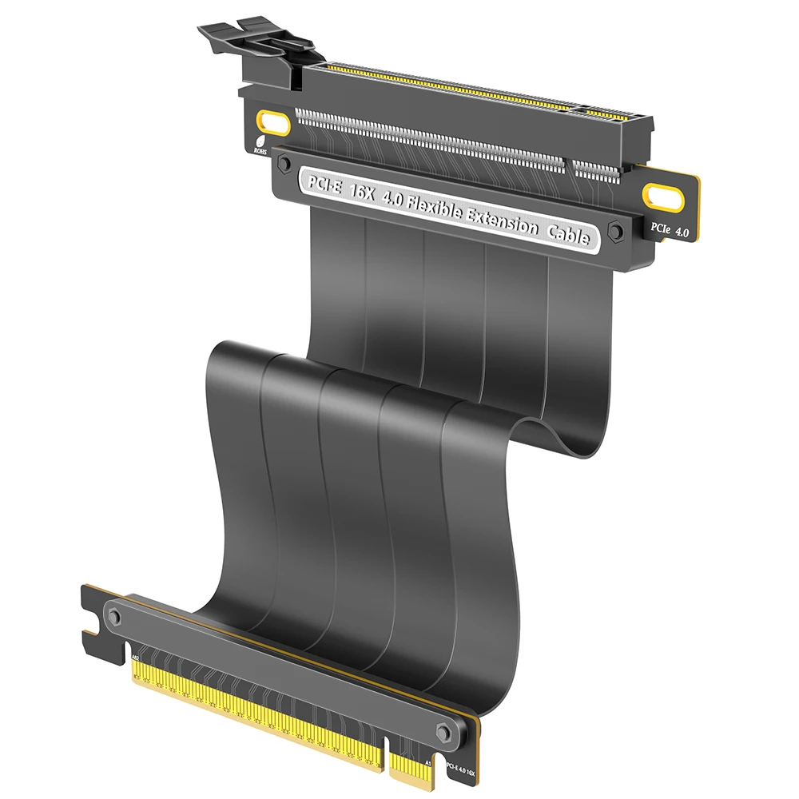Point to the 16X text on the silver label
pyautogui.click(x=359, y=192)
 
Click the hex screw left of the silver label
pyautogui.click(x=283, y=163)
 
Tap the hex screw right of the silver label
pyautogui.click(x=616, y=232)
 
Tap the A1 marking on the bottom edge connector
pyautogui.click(x=429, y=763)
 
